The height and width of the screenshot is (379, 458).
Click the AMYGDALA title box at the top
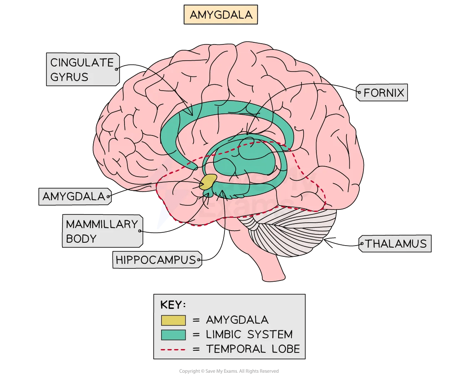221,15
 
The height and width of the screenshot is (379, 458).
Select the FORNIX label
383,93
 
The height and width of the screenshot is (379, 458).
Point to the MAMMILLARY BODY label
102,231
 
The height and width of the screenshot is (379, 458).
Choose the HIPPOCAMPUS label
156,260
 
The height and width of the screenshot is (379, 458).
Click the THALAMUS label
396,244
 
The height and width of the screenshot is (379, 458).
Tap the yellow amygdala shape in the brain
209,182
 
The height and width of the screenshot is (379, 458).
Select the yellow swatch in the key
173,320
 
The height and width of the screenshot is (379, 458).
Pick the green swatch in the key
173,335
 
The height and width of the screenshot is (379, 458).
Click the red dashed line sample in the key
173,349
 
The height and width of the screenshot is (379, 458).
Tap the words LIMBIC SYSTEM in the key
249,335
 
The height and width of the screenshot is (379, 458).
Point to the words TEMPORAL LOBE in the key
253,349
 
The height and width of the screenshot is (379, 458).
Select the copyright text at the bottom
229,371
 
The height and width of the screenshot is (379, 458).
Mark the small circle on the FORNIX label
359,93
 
